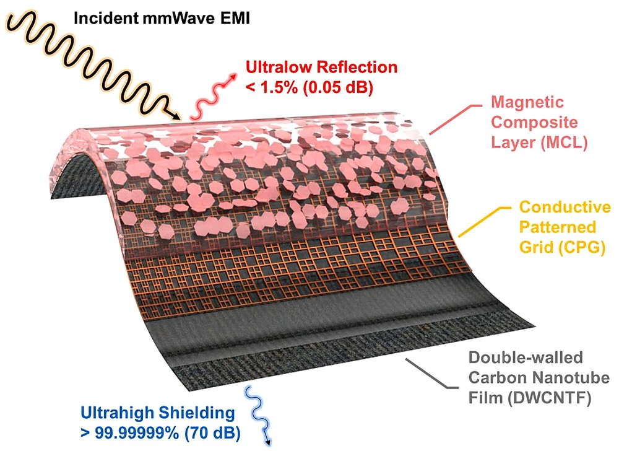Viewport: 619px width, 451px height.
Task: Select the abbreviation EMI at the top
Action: point(236,18)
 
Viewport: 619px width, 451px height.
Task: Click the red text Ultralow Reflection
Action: point(321,67)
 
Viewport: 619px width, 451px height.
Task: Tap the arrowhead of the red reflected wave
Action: point(235,76)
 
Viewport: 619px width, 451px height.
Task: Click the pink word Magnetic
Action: point(527,102)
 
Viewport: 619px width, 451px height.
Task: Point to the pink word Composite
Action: point(534,123)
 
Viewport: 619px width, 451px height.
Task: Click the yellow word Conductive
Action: point(565,207)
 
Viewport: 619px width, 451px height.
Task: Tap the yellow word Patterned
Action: point(558,227)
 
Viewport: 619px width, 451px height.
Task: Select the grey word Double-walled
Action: point(526,357)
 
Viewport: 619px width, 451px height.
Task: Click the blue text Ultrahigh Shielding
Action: point(157,413)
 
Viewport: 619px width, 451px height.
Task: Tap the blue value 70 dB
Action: point(212,433)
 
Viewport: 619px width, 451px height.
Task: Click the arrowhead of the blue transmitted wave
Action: point(269,443)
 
